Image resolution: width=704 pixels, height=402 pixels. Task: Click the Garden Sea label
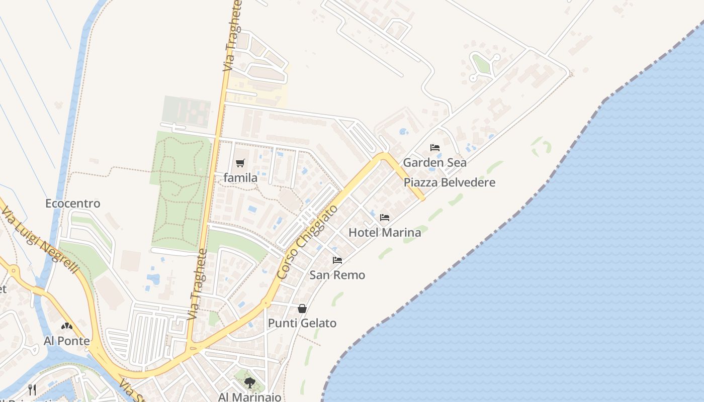pos(434,162)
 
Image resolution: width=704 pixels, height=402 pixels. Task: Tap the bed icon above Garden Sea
pos(435,148)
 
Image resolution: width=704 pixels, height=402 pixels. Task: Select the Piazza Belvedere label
pos(449,182)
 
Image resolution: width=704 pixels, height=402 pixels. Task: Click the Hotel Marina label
pos(385,232)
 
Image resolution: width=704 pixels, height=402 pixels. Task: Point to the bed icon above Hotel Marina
pos(385,218)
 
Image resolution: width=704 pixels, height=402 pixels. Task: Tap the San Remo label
pos(337,275)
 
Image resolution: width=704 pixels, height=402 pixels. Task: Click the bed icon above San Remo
pos(337,260)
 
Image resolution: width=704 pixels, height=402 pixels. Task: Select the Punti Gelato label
pos(302,323)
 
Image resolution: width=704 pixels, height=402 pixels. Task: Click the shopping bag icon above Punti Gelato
pos(302,309)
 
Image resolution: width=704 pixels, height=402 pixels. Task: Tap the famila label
pos(240,178)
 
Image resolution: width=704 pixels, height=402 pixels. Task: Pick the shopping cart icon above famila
pos(240,163)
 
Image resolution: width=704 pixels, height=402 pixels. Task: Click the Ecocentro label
pos(73,204)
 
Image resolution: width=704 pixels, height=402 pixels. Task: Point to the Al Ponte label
pos(66,341)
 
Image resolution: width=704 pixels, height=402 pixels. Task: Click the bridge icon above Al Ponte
pos(67,326)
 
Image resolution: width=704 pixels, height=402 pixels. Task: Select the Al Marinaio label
pos(249,397)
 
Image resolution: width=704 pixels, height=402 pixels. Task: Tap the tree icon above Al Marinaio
pos(249,383)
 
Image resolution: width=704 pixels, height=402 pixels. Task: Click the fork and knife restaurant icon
pos(33,389)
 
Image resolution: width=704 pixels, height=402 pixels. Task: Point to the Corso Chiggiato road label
pos(307,242)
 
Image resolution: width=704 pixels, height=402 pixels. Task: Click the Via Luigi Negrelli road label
pos(40,242)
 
